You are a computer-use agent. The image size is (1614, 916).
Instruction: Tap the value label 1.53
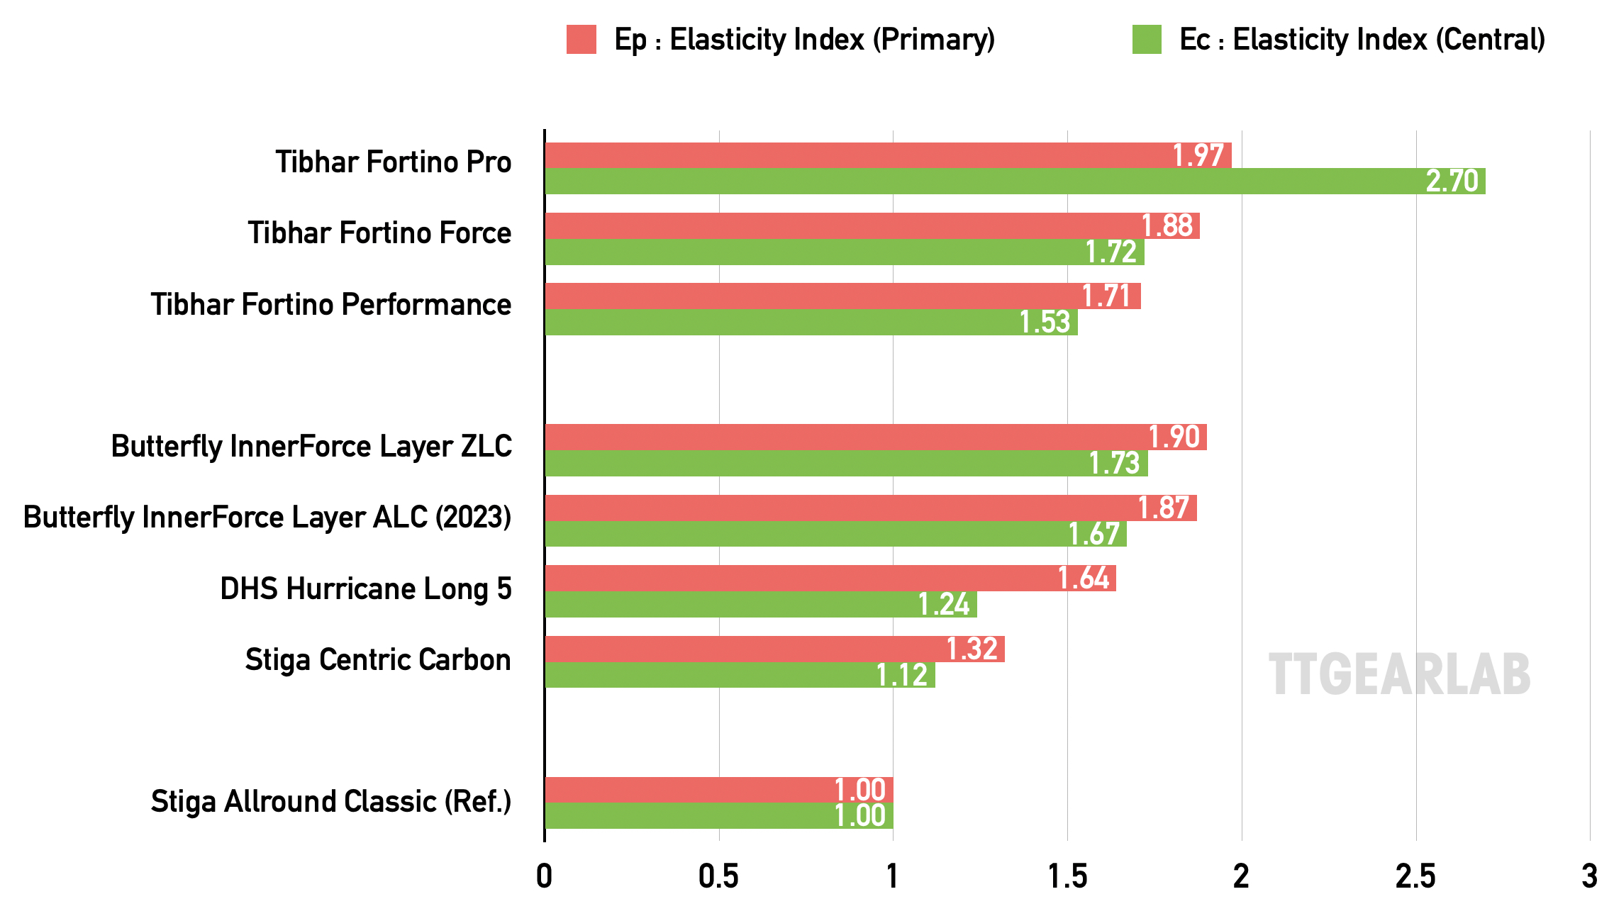1044,323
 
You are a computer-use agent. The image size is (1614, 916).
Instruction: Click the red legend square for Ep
581,39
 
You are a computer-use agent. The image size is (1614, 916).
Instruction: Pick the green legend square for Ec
1147,39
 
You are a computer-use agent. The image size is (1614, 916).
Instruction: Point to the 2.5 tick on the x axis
1415,877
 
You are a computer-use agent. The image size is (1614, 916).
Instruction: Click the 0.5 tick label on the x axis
718,877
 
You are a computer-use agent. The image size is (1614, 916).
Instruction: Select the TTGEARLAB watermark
1399,674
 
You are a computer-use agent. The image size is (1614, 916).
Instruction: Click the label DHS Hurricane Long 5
365,588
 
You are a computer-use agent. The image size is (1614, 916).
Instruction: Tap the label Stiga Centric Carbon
378,659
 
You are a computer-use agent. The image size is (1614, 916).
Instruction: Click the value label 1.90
1174,437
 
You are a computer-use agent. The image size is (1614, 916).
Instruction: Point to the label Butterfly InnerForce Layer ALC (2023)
267,517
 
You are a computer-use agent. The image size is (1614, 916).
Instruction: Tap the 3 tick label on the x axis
1589,877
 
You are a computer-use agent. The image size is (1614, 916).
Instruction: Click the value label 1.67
1093,534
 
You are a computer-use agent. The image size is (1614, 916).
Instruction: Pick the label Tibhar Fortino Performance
330,304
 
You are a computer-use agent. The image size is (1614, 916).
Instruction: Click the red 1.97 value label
1198,155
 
